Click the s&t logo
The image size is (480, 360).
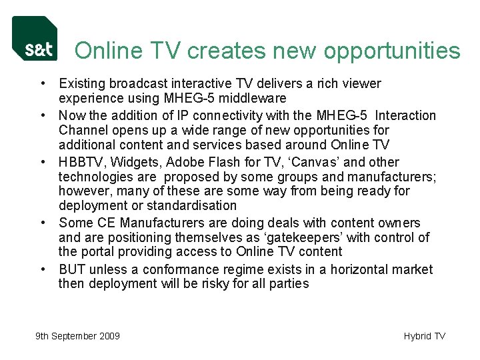35,39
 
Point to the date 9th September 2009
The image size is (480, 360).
78,336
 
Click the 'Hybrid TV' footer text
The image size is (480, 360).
424,336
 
